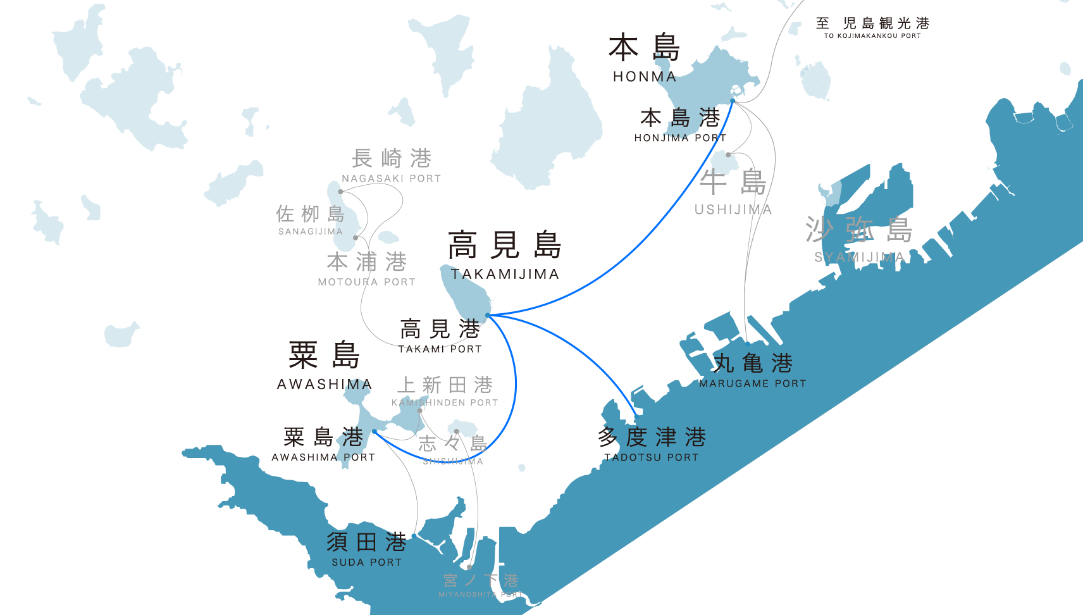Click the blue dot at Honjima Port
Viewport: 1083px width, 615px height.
click(x=733, y=101)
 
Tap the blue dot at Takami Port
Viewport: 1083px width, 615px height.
click(x=488, y=315)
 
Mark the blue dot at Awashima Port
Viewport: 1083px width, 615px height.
click(x=374, y=432)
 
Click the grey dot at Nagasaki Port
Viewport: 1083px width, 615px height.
click(x=340, y=192)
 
